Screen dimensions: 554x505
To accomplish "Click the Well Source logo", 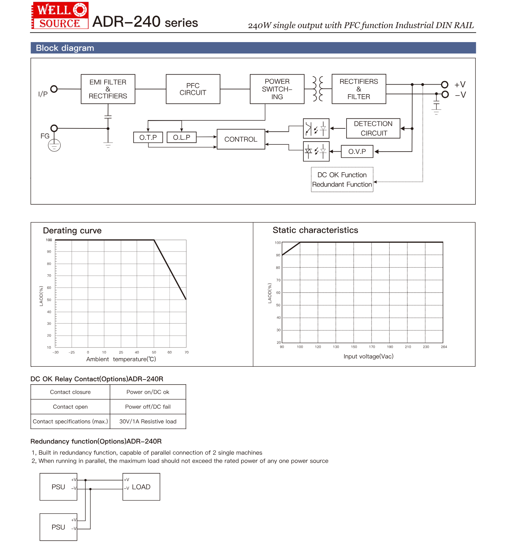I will coord(60,16).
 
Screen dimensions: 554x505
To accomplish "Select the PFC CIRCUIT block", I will coord(193,89).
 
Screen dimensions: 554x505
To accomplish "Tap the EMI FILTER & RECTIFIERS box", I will coord(108,89).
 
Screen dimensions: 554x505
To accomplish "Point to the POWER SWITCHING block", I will coord(277,89).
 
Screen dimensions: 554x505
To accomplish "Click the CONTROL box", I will coord(241,139).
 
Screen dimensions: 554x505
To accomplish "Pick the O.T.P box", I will coord(148,137).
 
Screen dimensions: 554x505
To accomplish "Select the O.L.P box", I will coord(182,137).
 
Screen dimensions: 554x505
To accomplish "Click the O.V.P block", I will coord(357,152).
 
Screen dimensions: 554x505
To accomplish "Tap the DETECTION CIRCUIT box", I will coord(373,128).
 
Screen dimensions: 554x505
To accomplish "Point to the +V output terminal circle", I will coord(445,85).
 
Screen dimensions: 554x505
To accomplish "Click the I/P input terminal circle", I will coord(54,89).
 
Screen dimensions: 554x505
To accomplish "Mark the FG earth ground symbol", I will coord(54,146).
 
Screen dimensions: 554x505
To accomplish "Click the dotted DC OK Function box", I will coord(342,179).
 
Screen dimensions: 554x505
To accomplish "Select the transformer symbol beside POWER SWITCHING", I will coord(318,89).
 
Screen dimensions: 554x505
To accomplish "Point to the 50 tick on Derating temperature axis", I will coord(154,352).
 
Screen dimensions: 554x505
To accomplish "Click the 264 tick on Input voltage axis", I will coord(444,347).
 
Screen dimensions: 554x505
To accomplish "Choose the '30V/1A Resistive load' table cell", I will coord(148,421).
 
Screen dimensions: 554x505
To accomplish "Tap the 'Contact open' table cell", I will coord(70,407).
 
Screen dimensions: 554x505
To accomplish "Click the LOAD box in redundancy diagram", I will coord(141,487).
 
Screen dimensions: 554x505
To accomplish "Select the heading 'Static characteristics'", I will coord(315,230).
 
